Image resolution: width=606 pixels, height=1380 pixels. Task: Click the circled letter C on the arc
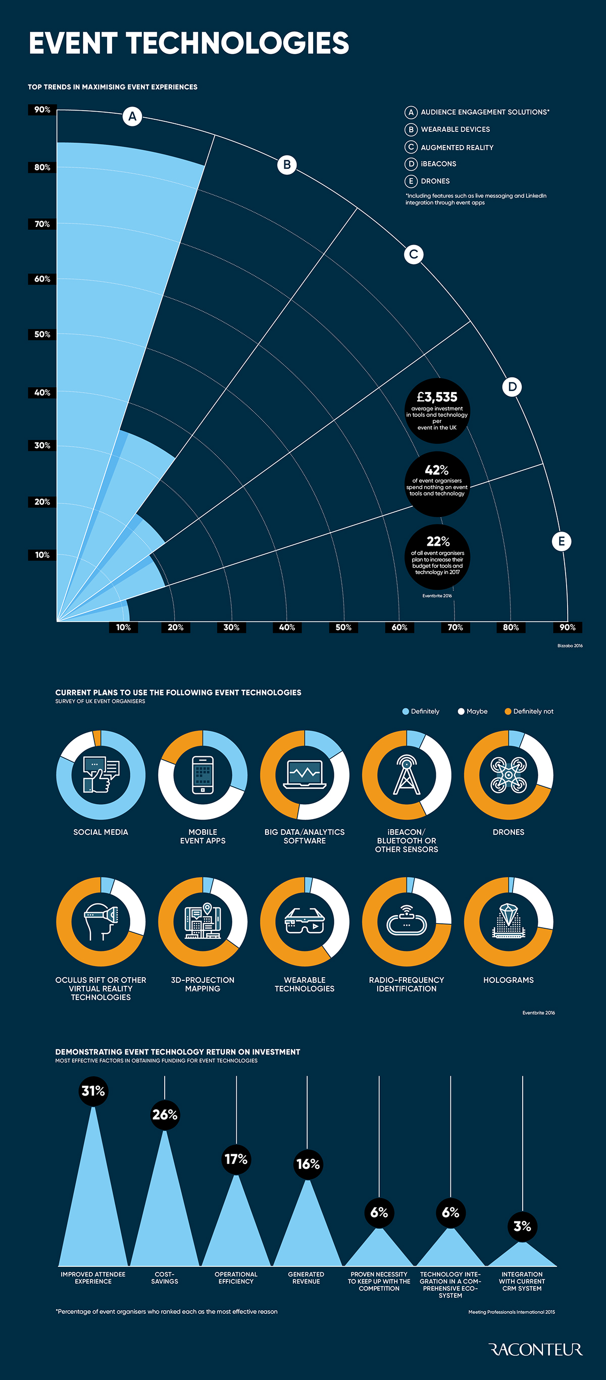pyautogui.click(x=413, y=254)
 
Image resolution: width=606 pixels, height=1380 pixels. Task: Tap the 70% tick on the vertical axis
pyautogui.click(x=42, y=224)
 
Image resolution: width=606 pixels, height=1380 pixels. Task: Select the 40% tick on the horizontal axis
pyautogui.click(x=287, y=627)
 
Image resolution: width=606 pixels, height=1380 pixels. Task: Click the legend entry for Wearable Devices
pyautogui.click(x=454, y=130)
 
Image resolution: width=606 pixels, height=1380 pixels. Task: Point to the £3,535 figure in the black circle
pyautogui.click(x=437, y=397)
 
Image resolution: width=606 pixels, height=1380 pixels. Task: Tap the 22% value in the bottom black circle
pyautogui.click(x=438, y=542)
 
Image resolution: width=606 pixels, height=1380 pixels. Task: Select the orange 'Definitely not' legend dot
pyautogui.click(x=508, y=711)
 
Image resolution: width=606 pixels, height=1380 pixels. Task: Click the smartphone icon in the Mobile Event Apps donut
pyautogui.click(x=203, y=775)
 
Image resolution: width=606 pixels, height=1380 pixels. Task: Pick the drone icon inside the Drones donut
pyautogui.click(x=508, y=775)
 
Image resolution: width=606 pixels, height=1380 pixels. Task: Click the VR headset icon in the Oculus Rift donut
pyautogui.click(x=100, y=921)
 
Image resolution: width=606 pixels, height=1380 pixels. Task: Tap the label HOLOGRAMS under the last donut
pyautogui.click(x=508, y=980)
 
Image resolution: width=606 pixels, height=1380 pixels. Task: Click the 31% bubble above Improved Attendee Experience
pyautogui.click(x=93, y=1091)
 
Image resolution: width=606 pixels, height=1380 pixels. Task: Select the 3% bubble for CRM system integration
pyautogui.click(x=522, y=1226)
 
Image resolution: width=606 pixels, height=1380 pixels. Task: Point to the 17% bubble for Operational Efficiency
pyautogui.click(x=235, y=1159)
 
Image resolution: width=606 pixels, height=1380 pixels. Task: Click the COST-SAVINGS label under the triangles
pyautogui.click(x=164, y=1278)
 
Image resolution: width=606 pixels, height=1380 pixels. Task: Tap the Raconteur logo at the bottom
pyautogui.click(x=535, y=1350)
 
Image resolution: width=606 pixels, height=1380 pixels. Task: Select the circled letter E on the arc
pyautogui.click(x=561, y=541)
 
